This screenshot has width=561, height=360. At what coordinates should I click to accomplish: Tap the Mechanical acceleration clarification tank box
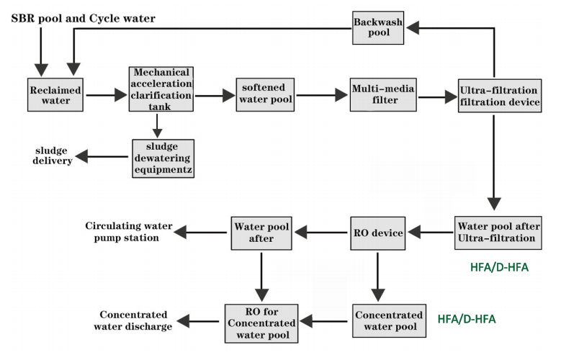pyautogui.click(x=161, y=89)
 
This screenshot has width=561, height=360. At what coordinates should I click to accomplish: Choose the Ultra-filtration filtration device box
pyautogui.click(x=499, y=96)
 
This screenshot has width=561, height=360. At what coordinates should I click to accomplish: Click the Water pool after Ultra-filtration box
pyautogui.click(x=498, y=232)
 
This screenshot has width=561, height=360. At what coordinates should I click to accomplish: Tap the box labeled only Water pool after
pyautogui.click(x=261, y=232)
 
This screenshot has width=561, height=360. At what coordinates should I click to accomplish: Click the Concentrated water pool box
pyautogui.click(x=388, y=321)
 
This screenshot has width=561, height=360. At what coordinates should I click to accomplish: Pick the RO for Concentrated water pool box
pyautogui.click(x=261, y=321)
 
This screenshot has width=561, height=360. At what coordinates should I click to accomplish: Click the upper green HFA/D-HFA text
pyautogui.click(x=498, y=267)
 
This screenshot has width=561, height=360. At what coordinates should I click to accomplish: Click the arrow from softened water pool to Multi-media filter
pyautogui.click(x=322, y=94)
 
